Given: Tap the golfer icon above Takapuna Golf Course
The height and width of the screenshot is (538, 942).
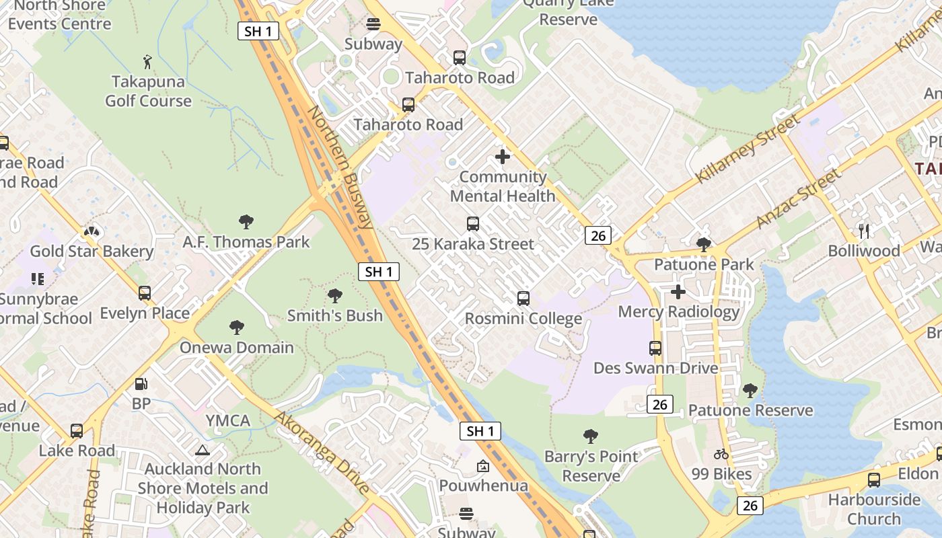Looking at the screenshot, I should [x=148, y=62].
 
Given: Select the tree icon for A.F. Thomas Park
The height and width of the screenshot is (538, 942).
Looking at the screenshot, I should [x=246, y=221].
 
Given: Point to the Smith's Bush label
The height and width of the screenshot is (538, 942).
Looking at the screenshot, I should [x=335, y=315].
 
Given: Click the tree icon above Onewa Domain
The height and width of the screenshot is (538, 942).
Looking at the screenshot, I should [x=236, y=328].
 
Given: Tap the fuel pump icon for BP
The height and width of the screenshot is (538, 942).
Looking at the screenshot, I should [x=141, y=384].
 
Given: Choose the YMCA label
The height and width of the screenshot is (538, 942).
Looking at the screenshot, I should [x=228, y=421].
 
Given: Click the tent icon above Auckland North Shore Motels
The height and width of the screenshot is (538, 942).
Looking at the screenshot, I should [x=203, y=450].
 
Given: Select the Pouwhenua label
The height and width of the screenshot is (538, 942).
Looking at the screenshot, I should [x=483, y=486].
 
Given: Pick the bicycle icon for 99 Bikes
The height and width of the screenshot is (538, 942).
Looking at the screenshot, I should [x=721, y=454].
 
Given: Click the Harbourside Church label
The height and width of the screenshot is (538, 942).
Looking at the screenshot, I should [x=874, y=509].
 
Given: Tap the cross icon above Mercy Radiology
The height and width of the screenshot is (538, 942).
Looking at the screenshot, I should [x=678, y=292].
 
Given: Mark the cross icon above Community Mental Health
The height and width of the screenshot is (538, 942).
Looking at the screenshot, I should [x=503, y=157].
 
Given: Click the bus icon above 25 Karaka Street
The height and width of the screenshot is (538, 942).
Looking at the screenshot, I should [x=473, y=224].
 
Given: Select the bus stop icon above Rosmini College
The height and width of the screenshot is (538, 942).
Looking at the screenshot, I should [x=523, y=299].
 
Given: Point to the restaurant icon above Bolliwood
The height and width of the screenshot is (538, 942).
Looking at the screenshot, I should [x=865, y=231].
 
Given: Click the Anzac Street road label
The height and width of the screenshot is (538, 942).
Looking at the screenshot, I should [x=798, y=198].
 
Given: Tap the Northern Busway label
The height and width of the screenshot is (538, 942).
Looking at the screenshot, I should [x=341, y=167].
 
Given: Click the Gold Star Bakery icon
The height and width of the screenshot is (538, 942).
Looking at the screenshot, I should [x=91, y=231].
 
